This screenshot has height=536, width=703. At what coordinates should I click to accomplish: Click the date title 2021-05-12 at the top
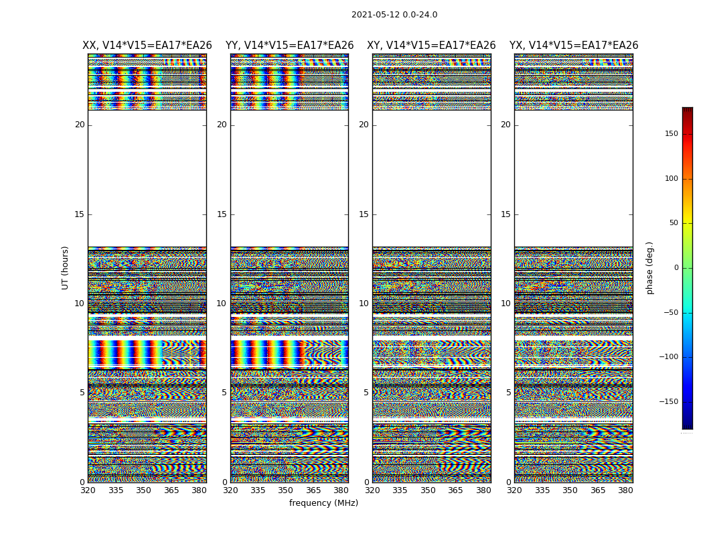394,15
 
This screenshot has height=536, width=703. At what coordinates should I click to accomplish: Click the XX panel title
147,46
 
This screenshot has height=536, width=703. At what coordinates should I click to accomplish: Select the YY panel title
289,46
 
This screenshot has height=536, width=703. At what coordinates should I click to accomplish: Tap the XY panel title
431,46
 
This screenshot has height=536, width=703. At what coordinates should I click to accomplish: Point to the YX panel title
574,46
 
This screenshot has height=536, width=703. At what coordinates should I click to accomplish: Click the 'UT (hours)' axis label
66,267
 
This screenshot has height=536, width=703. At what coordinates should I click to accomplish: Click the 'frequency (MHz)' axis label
323,503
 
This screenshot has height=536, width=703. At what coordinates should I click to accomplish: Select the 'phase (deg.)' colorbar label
650,267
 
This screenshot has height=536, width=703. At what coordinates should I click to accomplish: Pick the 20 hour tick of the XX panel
80,125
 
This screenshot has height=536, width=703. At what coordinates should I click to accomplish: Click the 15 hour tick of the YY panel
222,214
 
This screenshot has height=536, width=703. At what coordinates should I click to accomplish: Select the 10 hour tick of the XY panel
364,304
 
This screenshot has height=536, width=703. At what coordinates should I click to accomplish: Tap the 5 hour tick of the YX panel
508,393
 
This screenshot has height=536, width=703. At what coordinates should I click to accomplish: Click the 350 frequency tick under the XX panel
143,490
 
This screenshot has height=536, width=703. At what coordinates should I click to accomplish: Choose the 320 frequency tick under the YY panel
230,490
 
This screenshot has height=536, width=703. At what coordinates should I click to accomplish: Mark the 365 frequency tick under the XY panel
455,490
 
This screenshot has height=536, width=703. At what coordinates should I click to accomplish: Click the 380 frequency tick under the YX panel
625,490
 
